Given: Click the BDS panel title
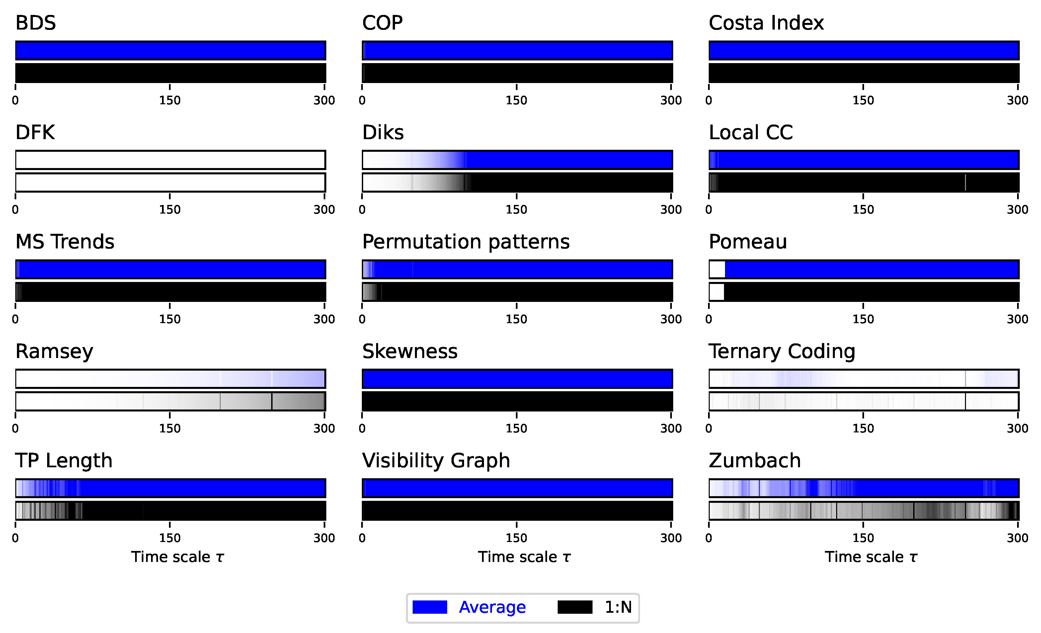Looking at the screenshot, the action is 36,23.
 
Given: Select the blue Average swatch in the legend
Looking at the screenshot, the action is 429,607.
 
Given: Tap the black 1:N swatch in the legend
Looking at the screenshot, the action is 575,607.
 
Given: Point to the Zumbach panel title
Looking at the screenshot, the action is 755,461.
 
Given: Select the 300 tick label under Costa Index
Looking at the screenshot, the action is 1017,101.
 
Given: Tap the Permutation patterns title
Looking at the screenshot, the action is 466,242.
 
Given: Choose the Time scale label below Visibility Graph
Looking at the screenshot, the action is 524,557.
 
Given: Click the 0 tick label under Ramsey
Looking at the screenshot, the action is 15,428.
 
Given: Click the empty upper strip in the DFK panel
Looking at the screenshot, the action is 170,160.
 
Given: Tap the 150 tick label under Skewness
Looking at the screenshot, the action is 516,428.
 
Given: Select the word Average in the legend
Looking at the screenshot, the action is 492,607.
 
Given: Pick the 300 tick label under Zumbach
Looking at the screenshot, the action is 1017,538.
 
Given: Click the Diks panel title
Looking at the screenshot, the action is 383,133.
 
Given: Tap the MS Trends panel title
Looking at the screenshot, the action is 65,242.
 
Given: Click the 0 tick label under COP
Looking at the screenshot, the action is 362,101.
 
